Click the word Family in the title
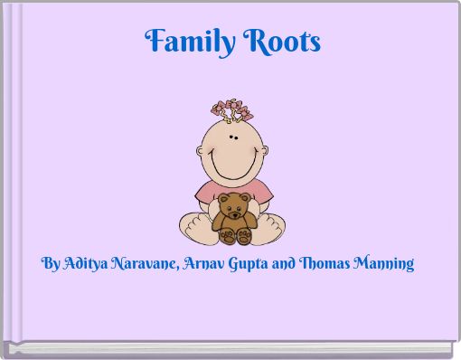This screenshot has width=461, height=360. [185, 42]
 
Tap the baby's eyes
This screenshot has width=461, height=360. [231, 138]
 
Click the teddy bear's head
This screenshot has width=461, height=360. [233, 207]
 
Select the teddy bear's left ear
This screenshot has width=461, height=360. [220, 197]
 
